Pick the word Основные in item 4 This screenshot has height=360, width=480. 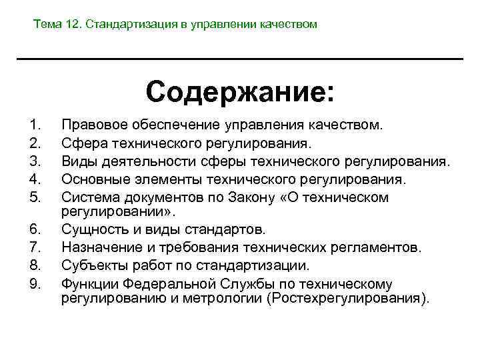click(x=95, y=179)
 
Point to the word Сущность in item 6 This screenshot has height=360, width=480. click(x=93, y=229)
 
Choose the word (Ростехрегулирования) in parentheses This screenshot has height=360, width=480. click(x=347, y=298)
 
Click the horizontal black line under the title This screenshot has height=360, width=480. click(x=240, y=59)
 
